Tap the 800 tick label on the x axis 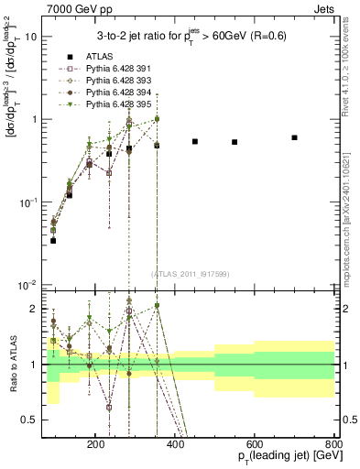(333, 442)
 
